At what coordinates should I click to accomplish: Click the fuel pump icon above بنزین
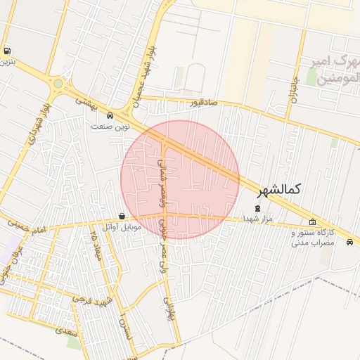pyautogui.click(x=7, y=51)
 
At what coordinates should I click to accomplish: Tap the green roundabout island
pyautogui.click(x=58, y=84)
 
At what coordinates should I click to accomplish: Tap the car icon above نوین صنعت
pyautogui.click(x=110, y=115)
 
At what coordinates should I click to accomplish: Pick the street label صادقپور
pyautogui.click(x=203, y=103)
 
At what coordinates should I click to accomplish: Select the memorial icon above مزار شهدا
pyautogui.click(x=257, y=207)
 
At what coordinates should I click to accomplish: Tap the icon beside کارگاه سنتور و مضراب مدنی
pyautogui.click(x=312, y=222)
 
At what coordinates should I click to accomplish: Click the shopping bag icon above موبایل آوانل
pyautogui.click(x=123, y=216)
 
